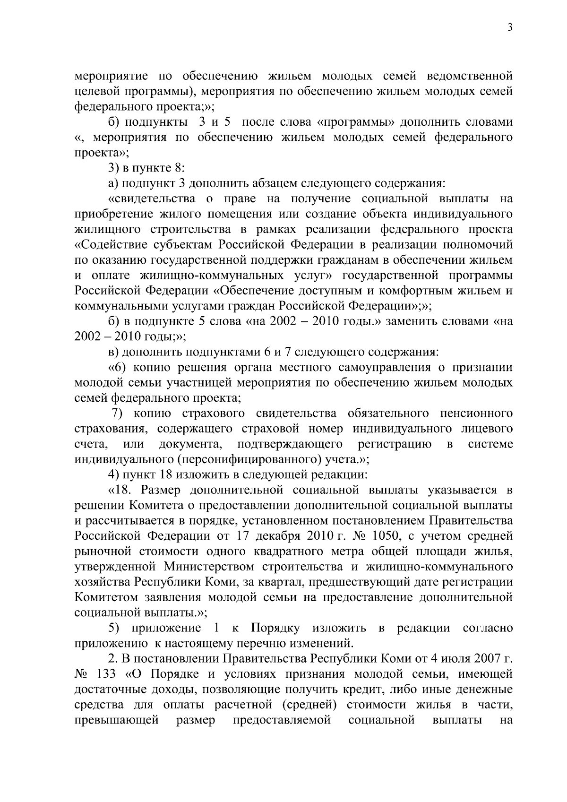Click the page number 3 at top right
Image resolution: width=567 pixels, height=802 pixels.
(510, 28)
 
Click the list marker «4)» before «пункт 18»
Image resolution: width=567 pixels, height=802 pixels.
(113, 475)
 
